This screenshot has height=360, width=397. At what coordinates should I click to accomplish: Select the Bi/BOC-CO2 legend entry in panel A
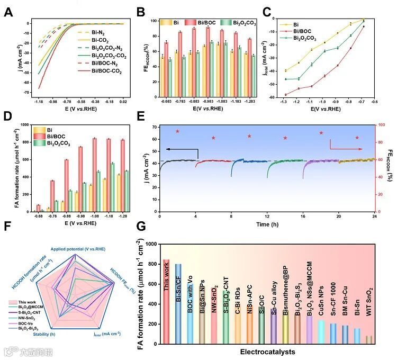(106, 71)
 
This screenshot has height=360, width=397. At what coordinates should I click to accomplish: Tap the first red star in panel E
(178, 131)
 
